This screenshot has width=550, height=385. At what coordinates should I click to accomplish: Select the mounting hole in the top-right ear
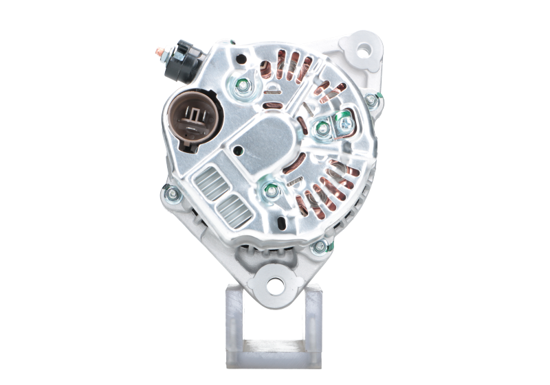(362, 50)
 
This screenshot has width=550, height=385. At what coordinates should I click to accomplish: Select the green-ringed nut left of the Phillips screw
(322, 128)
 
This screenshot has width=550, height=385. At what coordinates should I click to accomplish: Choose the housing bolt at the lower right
(319, 246)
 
